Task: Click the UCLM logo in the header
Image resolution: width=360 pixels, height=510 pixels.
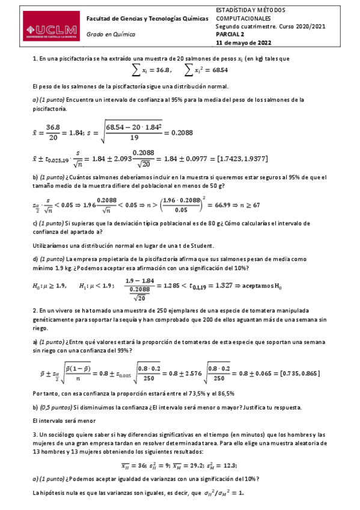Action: click(x=51, y=30)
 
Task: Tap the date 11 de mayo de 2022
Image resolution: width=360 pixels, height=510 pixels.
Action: click(x=239, y=43)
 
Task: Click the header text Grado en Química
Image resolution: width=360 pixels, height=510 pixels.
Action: click(x=111, y=35)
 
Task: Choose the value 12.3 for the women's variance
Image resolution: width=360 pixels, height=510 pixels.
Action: click(x=226, y=464)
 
